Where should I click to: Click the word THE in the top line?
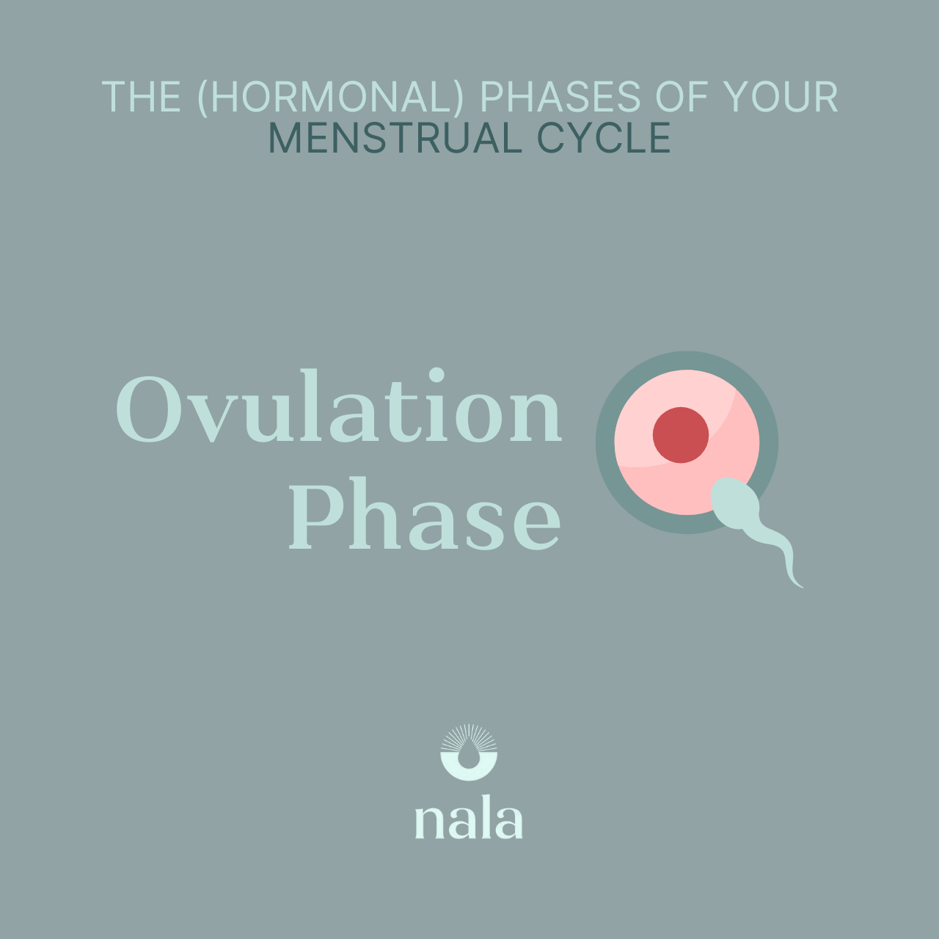(x=141, y=97)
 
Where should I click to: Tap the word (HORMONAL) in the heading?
(x=332, y=97)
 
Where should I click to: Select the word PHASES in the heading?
(x=560, y=97)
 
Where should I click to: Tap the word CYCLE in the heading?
(x=604, y=138)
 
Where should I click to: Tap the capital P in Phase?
(x=315, y=515)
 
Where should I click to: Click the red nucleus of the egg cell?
(x=681, y=435)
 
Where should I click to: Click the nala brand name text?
(x=469, y=822)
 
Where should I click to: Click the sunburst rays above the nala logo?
(x=469, y=735)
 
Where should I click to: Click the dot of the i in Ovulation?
(x=437, y=376)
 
